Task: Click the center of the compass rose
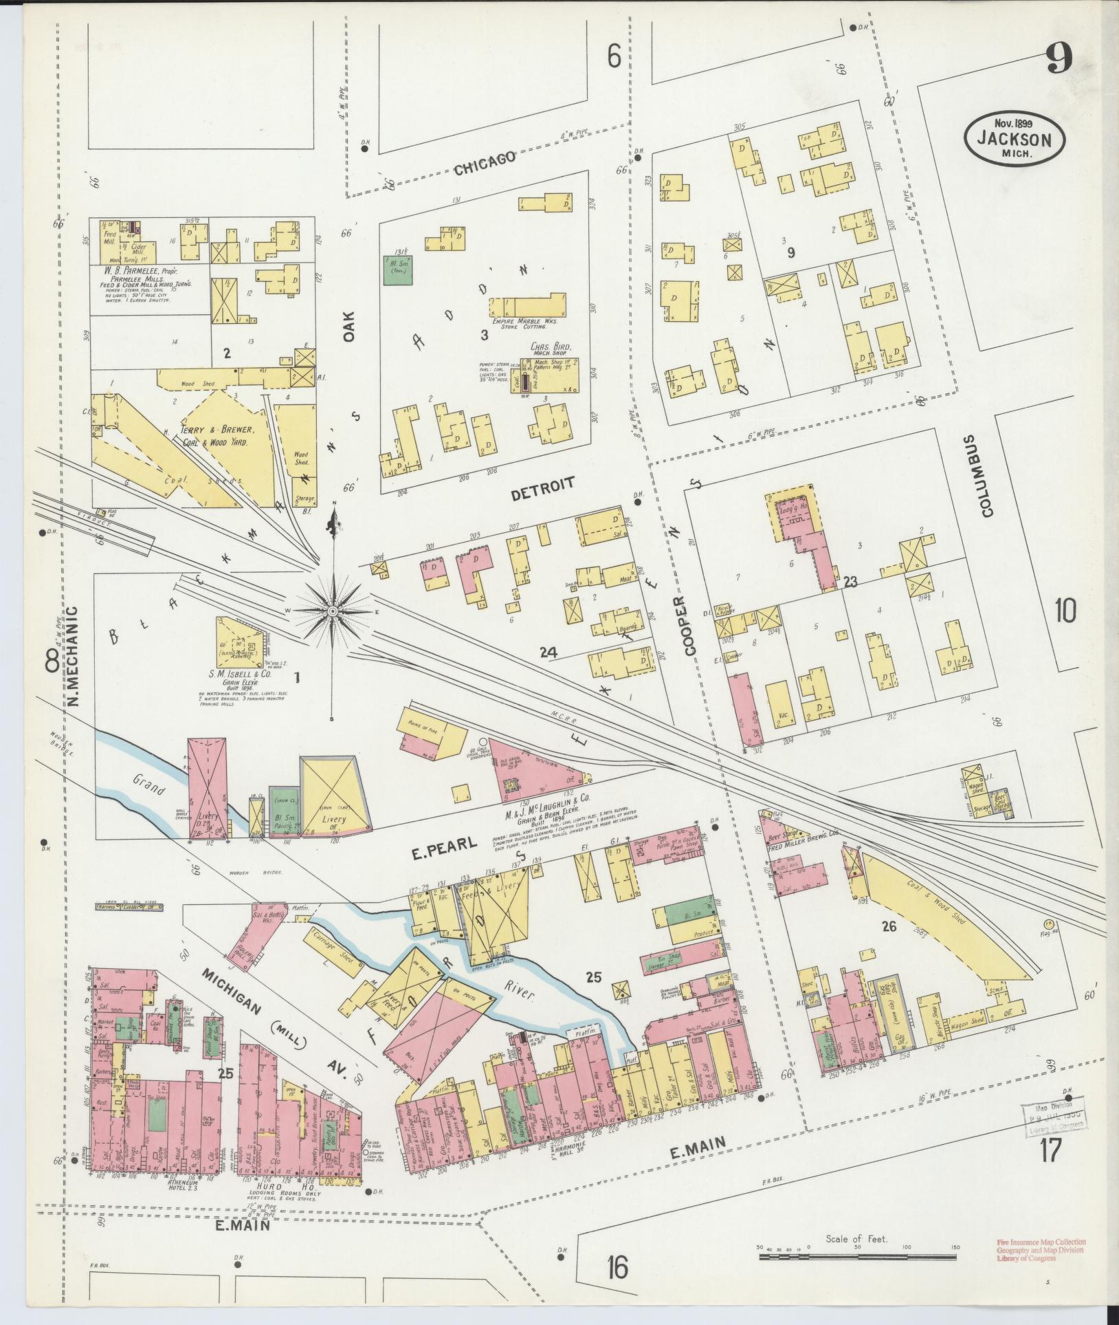click(x=333, y=611)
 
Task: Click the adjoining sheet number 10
click(x=1065, y=611)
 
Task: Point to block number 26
click(x=889, y=927)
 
